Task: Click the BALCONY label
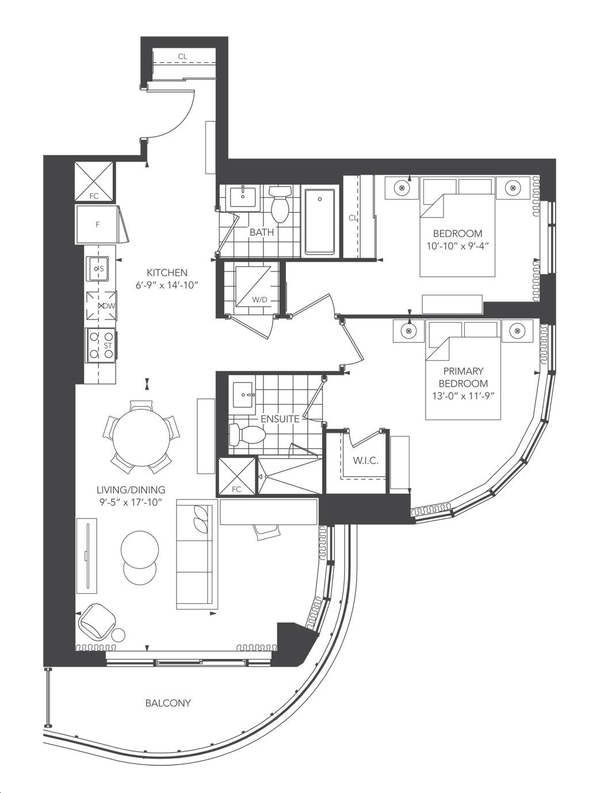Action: [x=167, y=703]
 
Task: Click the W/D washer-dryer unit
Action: [x=250, y=286]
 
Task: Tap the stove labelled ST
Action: [x=100, y=345]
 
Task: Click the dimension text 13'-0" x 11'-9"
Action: [x=463, y=395]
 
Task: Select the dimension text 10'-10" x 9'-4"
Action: [x=457, y=246]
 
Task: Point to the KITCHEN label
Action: [x=167, y=272]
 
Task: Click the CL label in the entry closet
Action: [x=182, y=56]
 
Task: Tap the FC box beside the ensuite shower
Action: [x=236, y=476]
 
